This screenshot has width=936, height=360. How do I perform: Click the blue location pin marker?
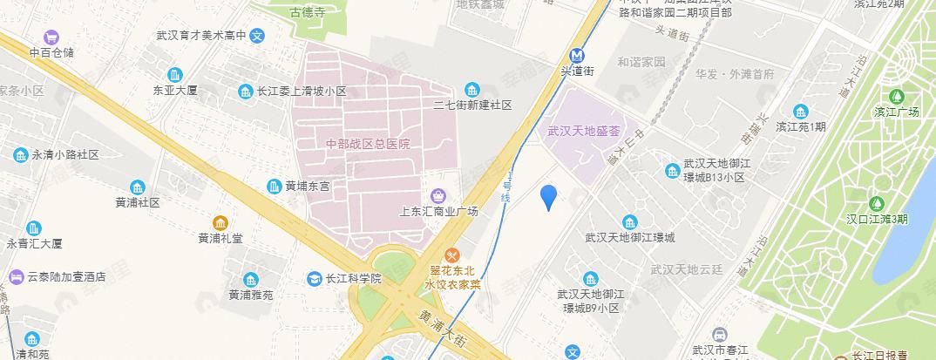(x=548, y=197)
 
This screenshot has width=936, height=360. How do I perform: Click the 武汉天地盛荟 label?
(x=583, y=132)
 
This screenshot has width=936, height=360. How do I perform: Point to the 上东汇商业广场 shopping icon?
(x=438, y=194)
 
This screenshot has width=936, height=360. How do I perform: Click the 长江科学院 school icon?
(x=313, y=279)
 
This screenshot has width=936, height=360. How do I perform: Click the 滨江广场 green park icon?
(x=897, y=95)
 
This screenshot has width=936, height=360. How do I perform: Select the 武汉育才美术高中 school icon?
(x=257, y=37)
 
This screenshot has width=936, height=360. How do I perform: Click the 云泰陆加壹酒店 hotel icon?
(x=16, y=276)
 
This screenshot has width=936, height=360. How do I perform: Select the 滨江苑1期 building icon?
(x=800, y=111)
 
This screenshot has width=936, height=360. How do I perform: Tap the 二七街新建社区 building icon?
(x=472, y=89)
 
